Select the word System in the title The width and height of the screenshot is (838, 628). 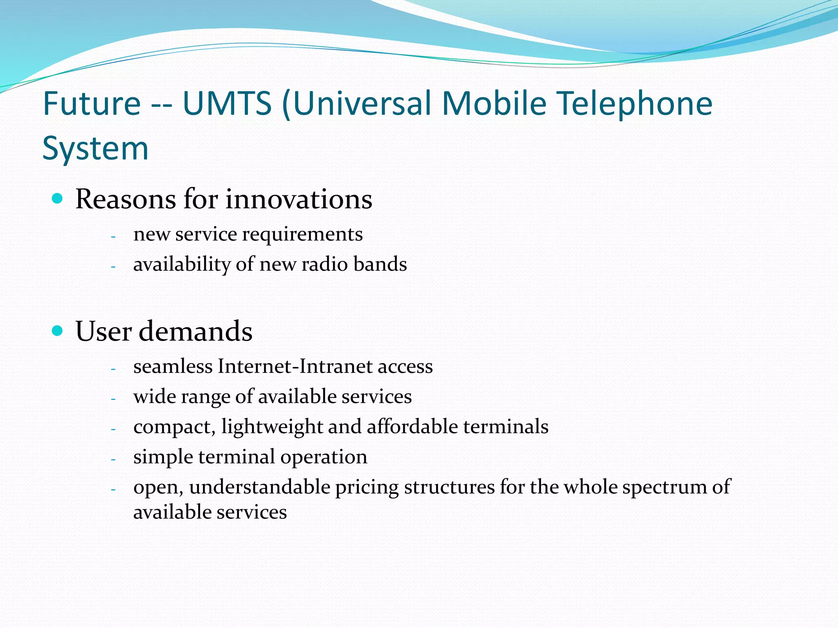[x=95, y=148]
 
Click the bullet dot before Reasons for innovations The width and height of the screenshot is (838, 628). [x=58, y=199]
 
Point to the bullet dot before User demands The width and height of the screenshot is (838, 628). [x=58, y=331]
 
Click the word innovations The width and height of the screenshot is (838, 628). [x=299, y=199]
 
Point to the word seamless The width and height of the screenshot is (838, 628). [x=173, y=366]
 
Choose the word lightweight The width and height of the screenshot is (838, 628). [x=272, y=427]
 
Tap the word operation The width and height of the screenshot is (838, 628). [x=324, y=457]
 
